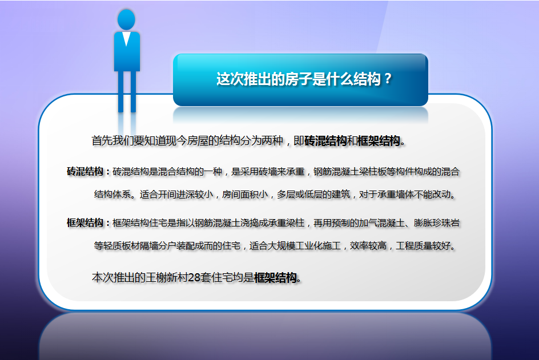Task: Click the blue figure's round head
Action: point(126,19)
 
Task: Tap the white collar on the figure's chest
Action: point(127,38)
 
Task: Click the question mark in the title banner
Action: point(388,79)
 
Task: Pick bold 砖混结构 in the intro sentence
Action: point(325,140)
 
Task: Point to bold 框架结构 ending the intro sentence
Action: point(379,140)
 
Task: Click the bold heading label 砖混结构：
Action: point(89,171)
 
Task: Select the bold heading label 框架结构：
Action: point(89,223)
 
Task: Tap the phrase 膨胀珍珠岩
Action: point(437,223)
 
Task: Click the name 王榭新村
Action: point(167,277)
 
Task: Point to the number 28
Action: point(194,277)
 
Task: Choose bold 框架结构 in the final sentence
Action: point(275,277)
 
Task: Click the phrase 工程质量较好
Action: point(423,246)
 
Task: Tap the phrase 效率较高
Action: point(368,246)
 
